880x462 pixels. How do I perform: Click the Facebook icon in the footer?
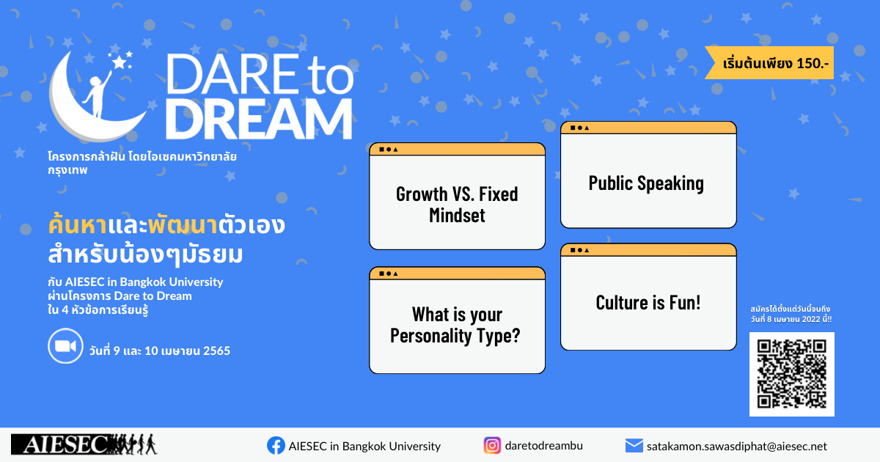tap(276, 446)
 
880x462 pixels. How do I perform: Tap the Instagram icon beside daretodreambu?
tap(492, 446)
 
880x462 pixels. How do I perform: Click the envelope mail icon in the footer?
tap(634, 446)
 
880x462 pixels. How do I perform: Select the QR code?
tap(791, 374)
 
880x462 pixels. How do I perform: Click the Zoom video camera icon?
tap(65, 345)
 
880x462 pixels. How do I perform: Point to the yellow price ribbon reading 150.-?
tap(769, 63)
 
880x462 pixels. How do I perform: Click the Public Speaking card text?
tap(646, 183)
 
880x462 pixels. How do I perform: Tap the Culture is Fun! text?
tap(648, 302)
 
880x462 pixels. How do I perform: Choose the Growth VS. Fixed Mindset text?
tap(457, 205)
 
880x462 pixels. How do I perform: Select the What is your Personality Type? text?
tap(455, 325)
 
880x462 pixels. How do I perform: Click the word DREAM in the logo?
tap(260, 119)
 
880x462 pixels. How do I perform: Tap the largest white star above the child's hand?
tap(120, 62)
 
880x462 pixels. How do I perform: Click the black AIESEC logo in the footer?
tap(84, 444)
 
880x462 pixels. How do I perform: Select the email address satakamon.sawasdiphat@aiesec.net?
tap(736, 447)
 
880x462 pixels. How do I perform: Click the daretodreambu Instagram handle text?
tap(543, 446)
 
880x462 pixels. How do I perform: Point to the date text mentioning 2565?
tap(160, 350)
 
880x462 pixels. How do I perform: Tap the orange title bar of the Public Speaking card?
tap(648, 128)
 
